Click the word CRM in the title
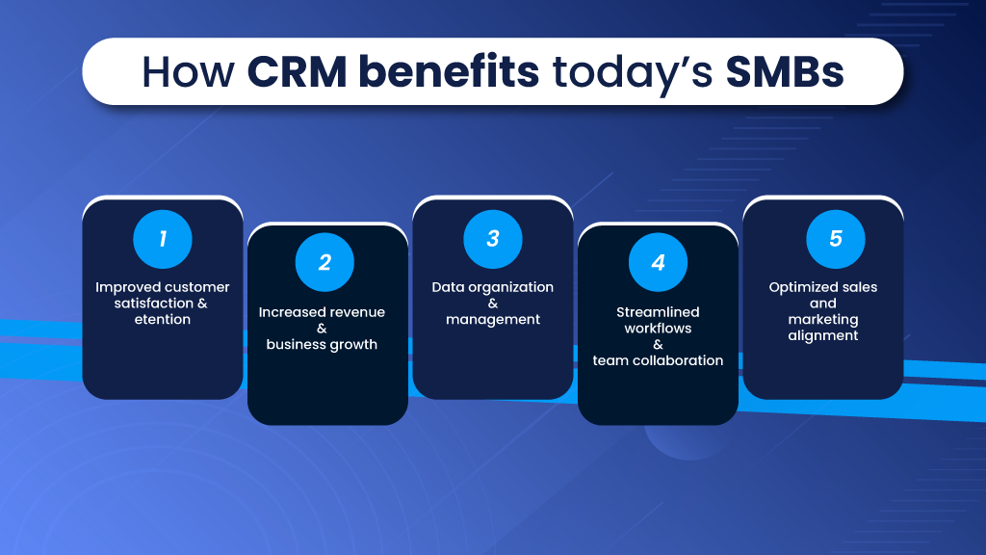coord(297,71)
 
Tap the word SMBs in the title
coord(784,71)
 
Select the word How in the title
coord(188,71)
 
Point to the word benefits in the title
coord(449,70)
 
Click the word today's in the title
coord(633,74)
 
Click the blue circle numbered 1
coord(162,239)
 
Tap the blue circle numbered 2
coord(324,262)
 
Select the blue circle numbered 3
coord(493,239)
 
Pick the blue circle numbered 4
coord(658,262)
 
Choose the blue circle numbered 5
coord(836,239)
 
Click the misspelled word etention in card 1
coord(162,320)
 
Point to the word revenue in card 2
coord(355,312)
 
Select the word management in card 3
coord(493,320)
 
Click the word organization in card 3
coord(510,287)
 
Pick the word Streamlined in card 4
coord(658,312)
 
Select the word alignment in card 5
coord(823,336)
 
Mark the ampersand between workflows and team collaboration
coord(658,345)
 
